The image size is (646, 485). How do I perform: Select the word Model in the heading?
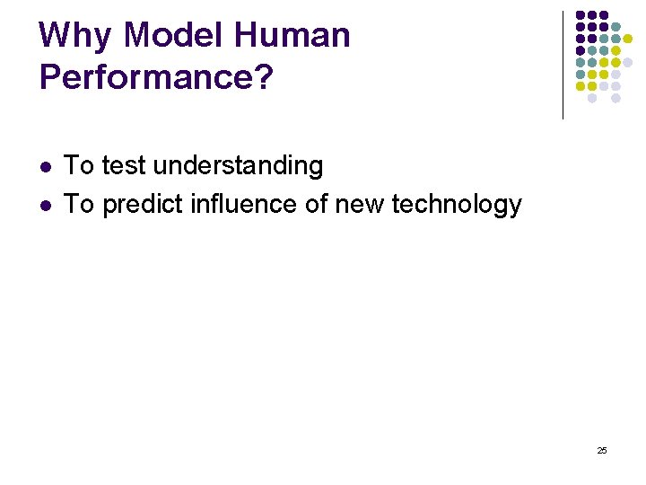pyautogui.click(x=176, y=36)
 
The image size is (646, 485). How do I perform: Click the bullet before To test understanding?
pyautogui.click(x=45, y=167)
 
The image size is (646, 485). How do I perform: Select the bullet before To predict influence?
pyautogui.click(x=45, y=206)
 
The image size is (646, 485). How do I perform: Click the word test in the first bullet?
pyautogui.click(x=122, y=166)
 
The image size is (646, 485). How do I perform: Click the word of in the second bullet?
pyautogui.click(x=317, y=205)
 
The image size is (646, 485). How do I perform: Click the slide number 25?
pyautogui.click(x=601, y=450)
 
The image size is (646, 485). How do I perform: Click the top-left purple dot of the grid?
pyautogui.click(x=581, y=15)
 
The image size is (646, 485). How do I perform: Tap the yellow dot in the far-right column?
pyautogui.click(x=628, y=39)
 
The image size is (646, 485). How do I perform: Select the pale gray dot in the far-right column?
pyautogui.click(x=628, y=62)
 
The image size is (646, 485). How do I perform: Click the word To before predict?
pyautogui.click(x=80, y=205)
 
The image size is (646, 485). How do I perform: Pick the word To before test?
pyautogui.click(x=80, y=166)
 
